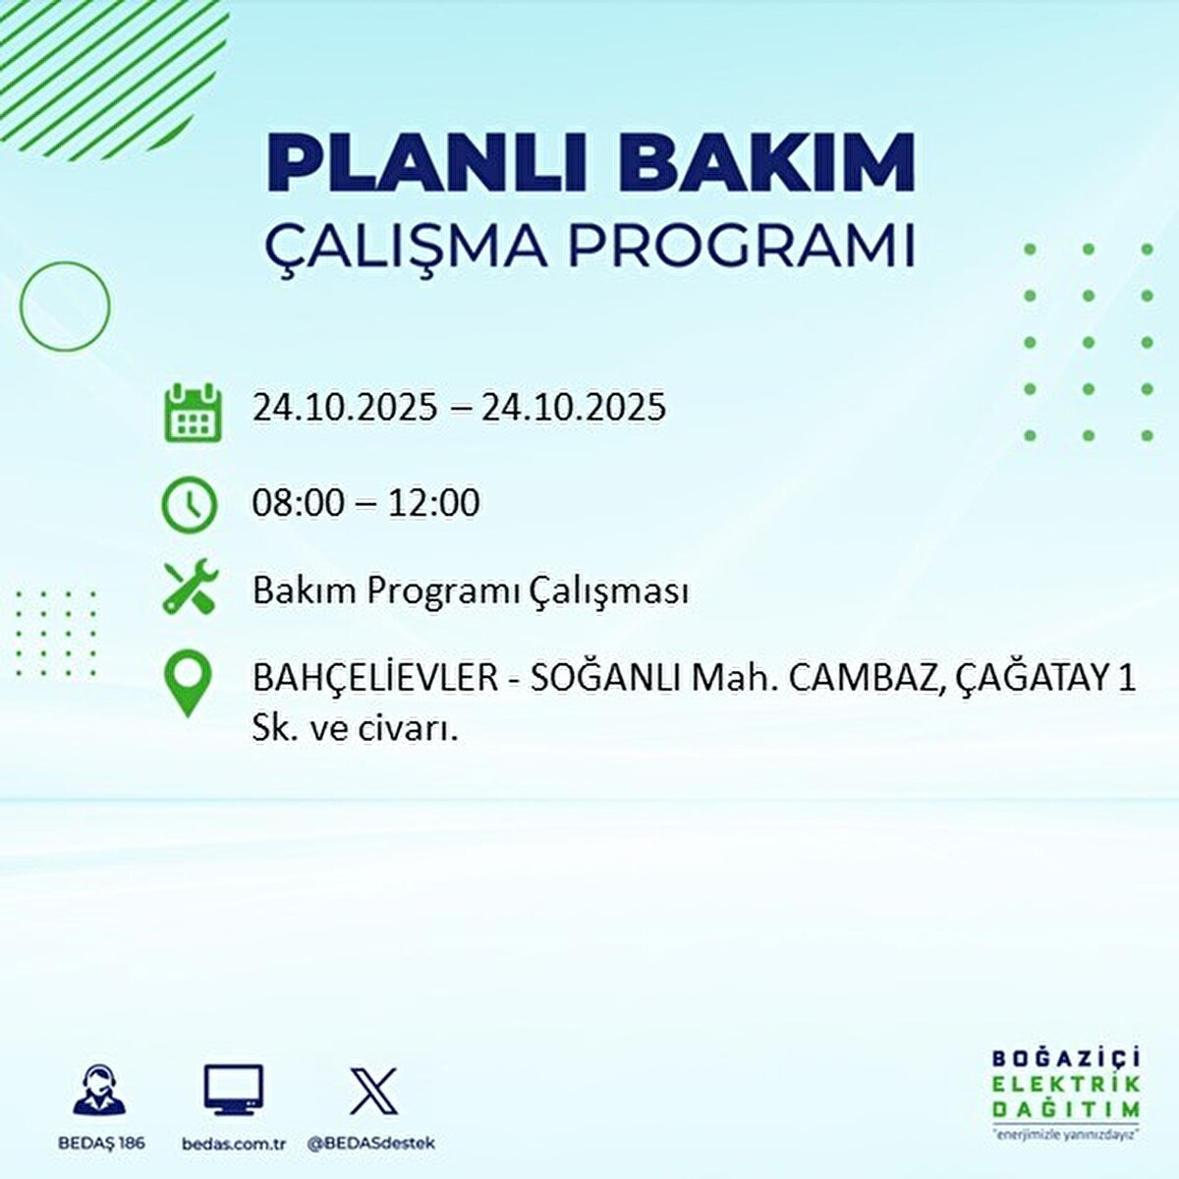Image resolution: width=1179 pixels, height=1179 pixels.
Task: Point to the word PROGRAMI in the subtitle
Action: [x=742, y=247]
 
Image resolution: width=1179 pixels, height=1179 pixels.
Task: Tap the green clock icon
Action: [x=189, y=504]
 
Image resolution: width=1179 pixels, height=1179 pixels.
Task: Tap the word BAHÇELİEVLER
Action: [x=375, y=678]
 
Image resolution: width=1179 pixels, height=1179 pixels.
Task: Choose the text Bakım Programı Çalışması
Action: [x=470, y=591]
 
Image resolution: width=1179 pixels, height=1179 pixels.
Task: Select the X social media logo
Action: [x=373, y=1091]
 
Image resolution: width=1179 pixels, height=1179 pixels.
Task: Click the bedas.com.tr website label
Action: [x=234, y=1144]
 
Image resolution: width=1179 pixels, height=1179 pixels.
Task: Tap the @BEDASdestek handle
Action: [x=371, y=1144]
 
